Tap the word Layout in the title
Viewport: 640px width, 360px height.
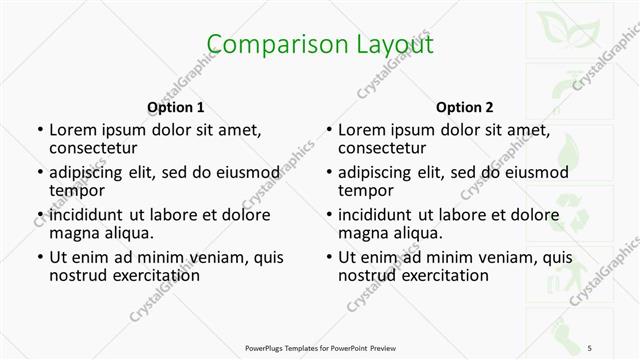point(384,45)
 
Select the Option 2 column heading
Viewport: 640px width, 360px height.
point(465,107)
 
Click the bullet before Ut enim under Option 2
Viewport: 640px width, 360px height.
point(328,257)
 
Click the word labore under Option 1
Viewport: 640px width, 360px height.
point(178,214)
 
